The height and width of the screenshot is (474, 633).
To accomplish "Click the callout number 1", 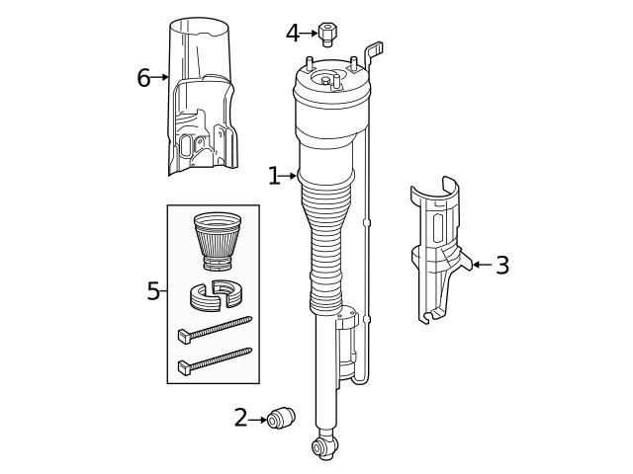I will tap(274, 176).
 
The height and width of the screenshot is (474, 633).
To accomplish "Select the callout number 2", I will tap(241, 418).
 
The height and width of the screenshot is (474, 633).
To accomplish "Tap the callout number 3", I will tap(502, 265).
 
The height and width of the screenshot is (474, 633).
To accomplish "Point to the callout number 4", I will tap(293, 33).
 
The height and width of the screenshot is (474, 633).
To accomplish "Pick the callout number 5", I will tap(153, 291).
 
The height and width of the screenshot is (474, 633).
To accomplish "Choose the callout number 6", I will tap(144, 77).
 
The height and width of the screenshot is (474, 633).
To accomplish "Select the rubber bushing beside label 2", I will tap(284, 418).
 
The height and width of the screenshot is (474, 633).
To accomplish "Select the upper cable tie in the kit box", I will tap(214, 329).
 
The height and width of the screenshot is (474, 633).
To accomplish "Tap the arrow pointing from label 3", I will tap(482, 265).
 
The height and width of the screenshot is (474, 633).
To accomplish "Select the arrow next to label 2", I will tap(259, 419).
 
